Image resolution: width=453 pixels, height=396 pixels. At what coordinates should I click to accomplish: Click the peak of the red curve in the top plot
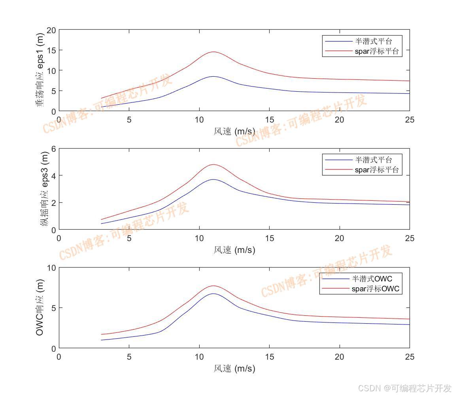[x=213, y=52]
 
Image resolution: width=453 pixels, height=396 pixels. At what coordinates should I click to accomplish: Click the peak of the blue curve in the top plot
[x=213, y=76]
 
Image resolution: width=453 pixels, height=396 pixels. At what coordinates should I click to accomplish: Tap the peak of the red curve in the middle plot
[x=213, y=164]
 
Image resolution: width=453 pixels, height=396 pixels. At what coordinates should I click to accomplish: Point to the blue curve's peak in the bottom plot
[x=213, y=294]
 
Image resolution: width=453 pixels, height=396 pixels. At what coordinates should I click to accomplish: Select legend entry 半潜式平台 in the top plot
[x=373, y=41]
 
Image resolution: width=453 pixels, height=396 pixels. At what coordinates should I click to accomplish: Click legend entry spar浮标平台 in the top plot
[x=377, y=51]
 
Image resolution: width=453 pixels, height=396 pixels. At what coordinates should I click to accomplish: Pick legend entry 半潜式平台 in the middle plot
[x=373, y=160]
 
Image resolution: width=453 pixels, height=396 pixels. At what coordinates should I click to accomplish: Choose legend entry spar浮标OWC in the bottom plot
[x=376, y=289]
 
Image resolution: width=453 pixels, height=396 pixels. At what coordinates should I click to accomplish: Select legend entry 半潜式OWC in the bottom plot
[x=372, y=279]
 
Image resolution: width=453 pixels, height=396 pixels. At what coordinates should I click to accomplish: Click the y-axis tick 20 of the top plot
[x=51, y=30]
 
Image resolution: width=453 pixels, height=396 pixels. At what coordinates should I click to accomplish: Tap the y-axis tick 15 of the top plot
[x=51, y=50]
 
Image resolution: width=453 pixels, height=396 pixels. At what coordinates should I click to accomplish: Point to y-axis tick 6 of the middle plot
[x=53, y=149]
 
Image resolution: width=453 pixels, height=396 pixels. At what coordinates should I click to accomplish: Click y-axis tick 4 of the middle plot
[x=53, y=175]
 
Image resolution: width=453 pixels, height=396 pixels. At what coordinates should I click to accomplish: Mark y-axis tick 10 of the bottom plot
[x=51, y=268]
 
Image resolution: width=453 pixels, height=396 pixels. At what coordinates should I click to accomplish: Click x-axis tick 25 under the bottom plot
[x=410, y=357]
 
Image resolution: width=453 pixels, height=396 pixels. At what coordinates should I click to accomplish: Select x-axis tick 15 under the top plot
[x=270, y=119]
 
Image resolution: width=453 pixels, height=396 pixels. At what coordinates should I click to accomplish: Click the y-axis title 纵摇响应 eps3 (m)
[x=45, y=190]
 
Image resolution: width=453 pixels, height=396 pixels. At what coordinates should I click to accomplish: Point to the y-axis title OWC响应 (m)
[x=40, y=307]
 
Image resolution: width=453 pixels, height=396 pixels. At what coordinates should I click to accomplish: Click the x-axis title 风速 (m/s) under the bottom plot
[x=234, y=369]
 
